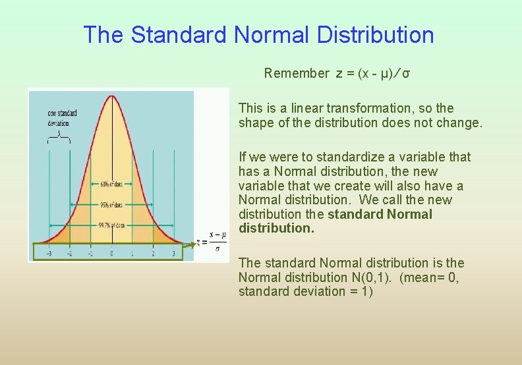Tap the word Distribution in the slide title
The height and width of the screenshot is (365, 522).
coord(376,35)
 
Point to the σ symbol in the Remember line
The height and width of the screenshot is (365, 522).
coord(407,73)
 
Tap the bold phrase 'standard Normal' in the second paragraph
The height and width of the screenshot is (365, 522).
coord(380,214)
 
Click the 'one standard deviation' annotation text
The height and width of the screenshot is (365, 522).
coord(62,118)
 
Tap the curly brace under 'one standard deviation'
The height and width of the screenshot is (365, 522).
coord(59,136)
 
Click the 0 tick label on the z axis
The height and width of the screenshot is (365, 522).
coord(111,253)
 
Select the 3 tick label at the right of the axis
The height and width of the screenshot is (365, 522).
coord(174,253)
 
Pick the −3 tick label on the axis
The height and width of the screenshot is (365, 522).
coord(48,253)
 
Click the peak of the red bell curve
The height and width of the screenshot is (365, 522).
coord(111,97)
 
